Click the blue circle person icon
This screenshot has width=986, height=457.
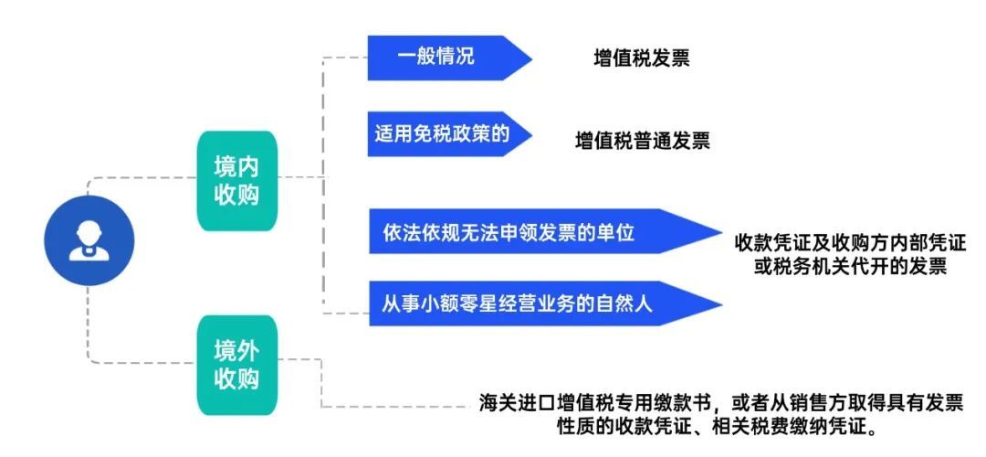click(x=89, y=240)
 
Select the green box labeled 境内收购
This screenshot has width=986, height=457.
click(x=236, y=180)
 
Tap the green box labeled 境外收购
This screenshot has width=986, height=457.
click(x=236, y=365)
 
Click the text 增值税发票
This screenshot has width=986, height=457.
click(x=641, y=59)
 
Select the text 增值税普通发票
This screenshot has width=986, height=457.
click(x=642, y=142)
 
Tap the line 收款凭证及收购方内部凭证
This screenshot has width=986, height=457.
click(x=850, y=245)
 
